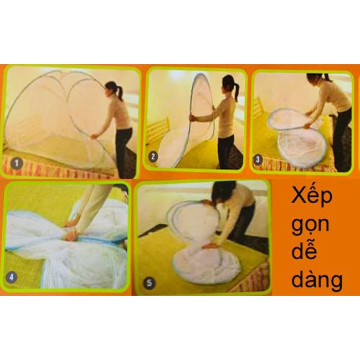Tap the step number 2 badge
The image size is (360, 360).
154,157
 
